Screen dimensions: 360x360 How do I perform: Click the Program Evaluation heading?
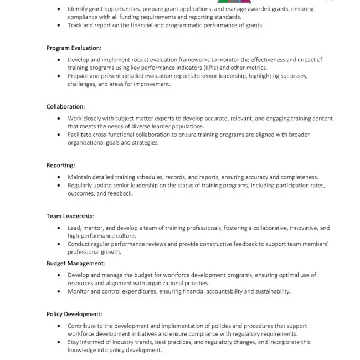coord(74,48)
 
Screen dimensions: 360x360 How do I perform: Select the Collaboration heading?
coord(65,106)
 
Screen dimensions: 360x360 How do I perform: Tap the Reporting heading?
coord(61,165)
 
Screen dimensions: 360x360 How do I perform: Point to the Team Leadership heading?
coord(70,216)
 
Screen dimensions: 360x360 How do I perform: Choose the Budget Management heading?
coord(75,263)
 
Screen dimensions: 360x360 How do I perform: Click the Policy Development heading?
coord(74,314)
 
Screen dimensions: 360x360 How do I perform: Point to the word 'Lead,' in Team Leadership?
coord(75,228)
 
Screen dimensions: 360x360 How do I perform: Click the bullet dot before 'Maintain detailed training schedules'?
coord(60,177)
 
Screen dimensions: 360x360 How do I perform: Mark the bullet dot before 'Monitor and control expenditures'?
coord(60,291)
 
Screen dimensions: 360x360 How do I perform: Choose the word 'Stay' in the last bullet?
coord(74,342)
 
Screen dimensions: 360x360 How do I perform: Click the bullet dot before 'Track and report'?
coord(60,25)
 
